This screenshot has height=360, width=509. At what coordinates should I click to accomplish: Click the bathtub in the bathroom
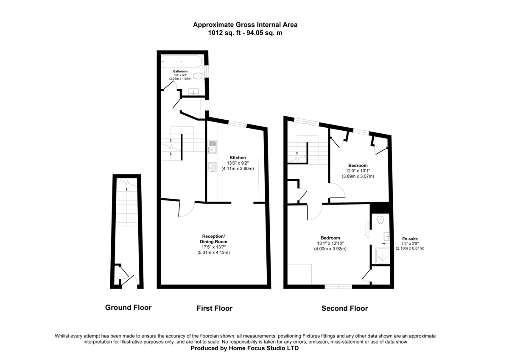[x=182, y=62]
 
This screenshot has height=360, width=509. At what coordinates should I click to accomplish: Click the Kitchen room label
[x=238, y=157]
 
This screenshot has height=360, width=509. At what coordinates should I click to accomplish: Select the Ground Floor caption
[x=128, y=307]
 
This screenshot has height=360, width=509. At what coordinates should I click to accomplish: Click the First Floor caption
[x=214, y=308]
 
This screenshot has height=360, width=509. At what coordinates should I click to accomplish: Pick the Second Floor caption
[x=344, y=308]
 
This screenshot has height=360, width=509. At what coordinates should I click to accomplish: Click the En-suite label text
[x=409, y=239]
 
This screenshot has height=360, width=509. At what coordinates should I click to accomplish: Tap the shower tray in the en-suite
[x=380, y=256]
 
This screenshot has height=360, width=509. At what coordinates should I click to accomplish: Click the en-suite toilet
[x=380, y=219]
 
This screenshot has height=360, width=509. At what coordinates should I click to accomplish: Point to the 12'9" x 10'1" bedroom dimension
[x=358, y=171]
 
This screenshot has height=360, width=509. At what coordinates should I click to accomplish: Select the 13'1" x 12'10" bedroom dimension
[x=330, y=243]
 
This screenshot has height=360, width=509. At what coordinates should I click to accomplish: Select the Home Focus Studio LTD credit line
[x=245, y=348]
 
